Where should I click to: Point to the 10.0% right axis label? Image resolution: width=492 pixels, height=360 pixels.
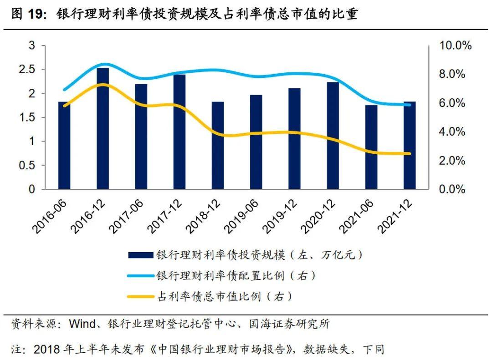click(x=455, y=46)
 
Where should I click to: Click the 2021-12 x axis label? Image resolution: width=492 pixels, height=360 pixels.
click(x=395, y=217)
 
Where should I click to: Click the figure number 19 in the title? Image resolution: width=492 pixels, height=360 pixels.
click(x=37, y=14)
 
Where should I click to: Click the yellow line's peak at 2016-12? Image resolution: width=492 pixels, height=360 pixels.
click(x=103, y=85)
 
